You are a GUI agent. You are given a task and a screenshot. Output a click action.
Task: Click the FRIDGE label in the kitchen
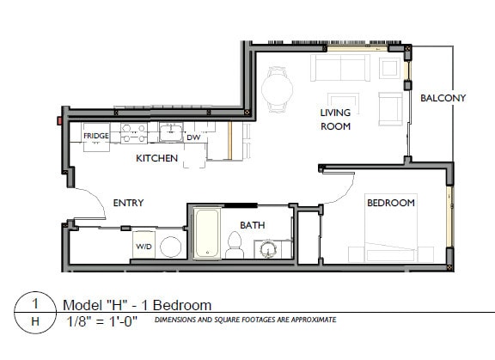pos(95,136)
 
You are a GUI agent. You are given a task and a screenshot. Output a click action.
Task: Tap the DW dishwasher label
pos(193,137)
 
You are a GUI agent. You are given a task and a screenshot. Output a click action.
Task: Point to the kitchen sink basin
pos(169,131)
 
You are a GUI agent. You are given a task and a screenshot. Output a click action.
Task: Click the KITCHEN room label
pos(156,158)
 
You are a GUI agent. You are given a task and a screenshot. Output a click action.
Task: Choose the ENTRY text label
pos(128,203)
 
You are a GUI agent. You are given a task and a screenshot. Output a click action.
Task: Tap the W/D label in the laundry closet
pos(144,247)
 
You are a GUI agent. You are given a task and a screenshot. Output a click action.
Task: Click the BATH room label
pos(252,225)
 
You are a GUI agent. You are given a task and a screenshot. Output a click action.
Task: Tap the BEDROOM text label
pos(391,203)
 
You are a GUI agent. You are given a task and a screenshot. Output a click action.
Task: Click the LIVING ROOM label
pos(335,119)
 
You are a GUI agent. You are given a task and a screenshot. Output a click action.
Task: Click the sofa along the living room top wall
pos(342,66)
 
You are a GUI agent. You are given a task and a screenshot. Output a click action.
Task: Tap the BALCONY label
pos(443,98)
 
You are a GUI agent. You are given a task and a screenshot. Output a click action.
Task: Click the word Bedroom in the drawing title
pos(183,305)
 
